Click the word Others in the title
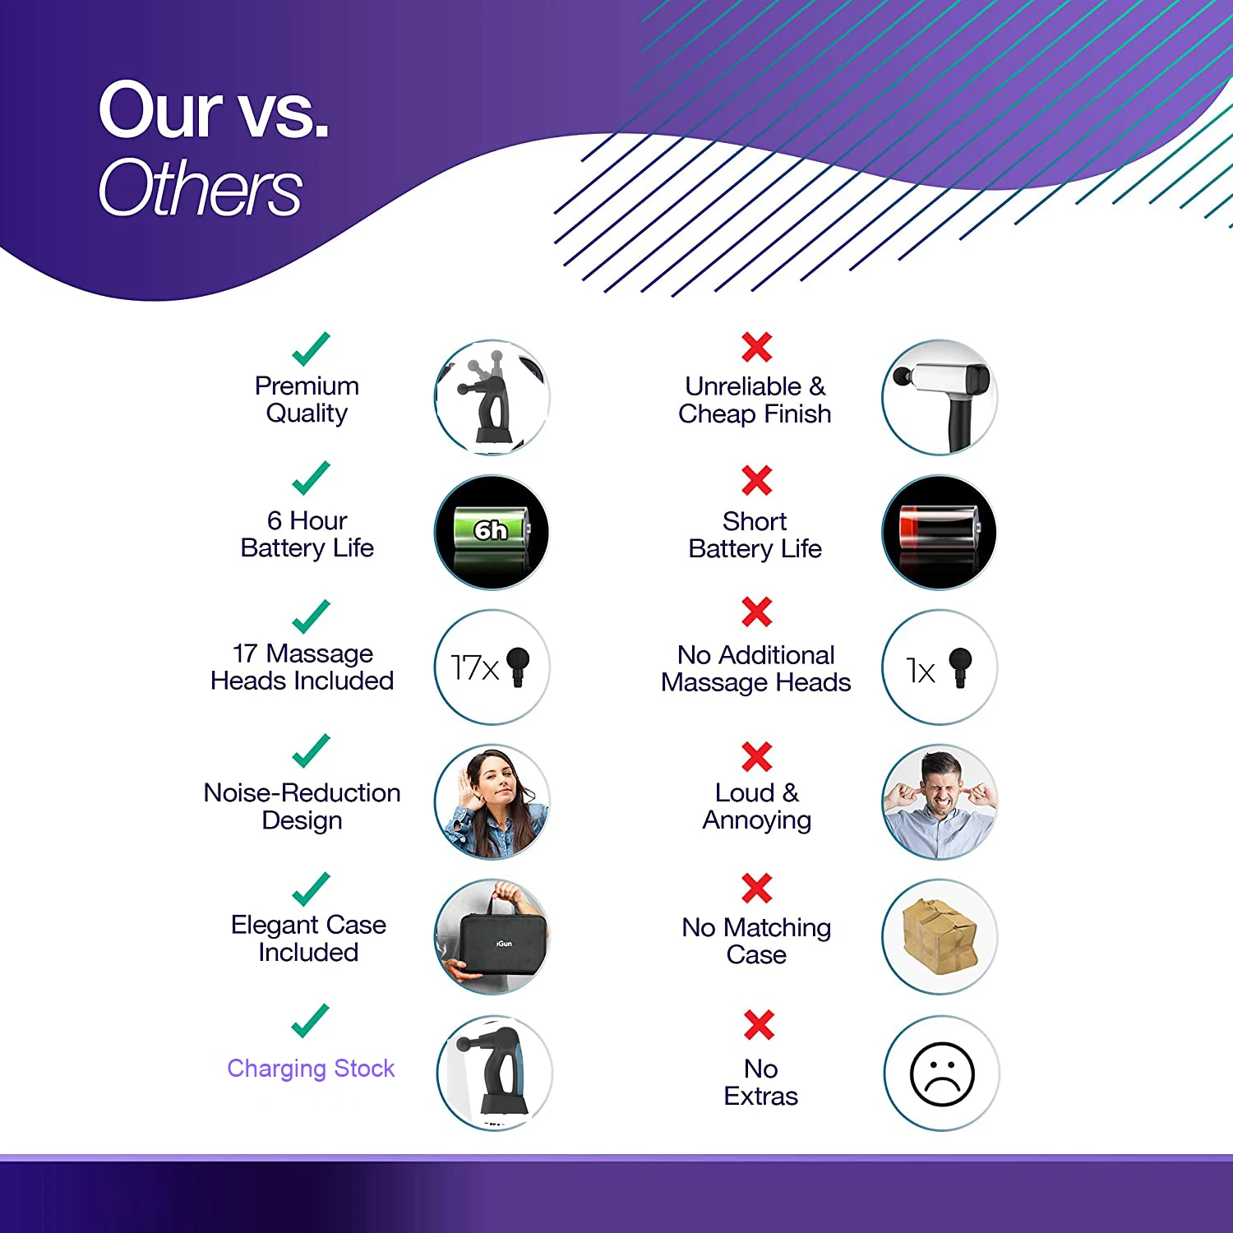click(201, 189)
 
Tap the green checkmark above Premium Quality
click(311, 349)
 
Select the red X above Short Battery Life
click(756, 481)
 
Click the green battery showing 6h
click(491, 530)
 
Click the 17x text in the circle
click(474, 667)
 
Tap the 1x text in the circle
click(920, 671)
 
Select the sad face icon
click(942, 1074)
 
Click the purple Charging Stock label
click(311, 1069)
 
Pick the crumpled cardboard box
click(939, 934)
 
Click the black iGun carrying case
click(491, 944)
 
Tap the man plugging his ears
click(939, 802)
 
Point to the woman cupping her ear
click(492, 802)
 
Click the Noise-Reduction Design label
click(302, 806)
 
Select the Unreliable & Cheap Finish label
click(755, 399)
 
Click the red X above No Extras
click(759, 1024)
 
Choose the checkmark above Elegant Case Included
click(311, 889)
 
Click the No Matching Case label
click(756, 941)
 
